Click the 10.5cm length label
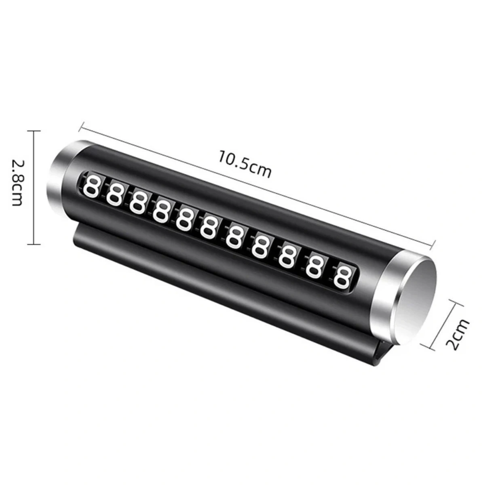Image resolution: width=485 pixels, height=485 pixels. pos(245,164)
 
